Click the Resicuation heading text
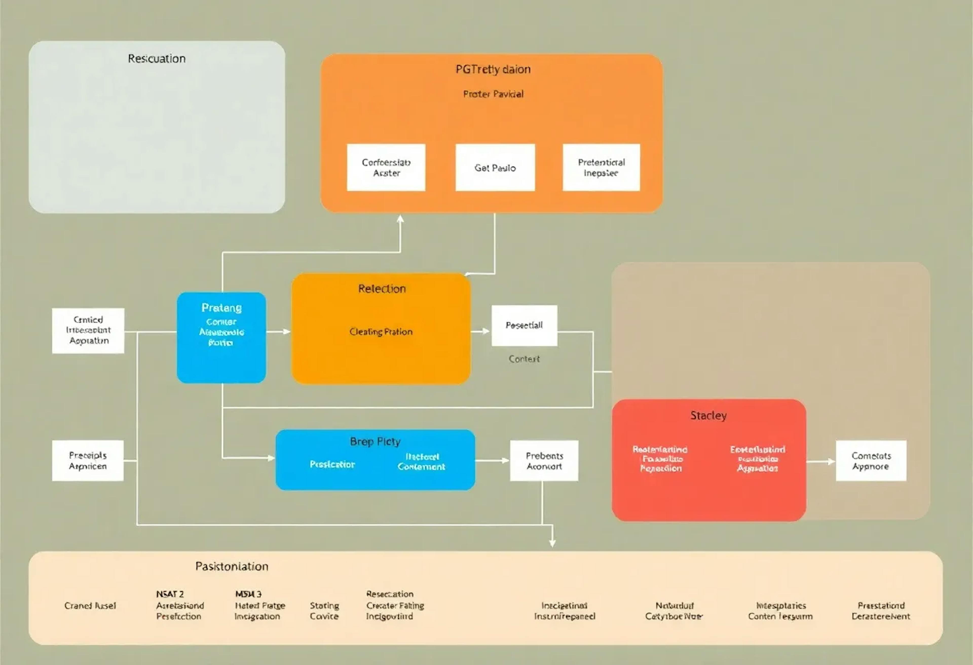(x=157, y=58)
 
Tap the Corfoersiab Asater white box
(x=386, y=167)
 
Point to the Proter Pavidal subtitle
(x=493, y=94)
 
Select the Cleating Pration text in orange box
(x=381, y=332)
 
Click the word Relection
(x=382, y=289)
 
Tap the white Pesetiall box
(x=524, y=325)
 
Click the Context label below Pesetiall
(x=524, y=359)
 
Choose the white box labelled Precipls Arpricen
(x=88, y=460)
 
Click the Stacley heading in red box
(x=708, y=415)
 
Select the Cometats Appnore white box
(x=871, y=460)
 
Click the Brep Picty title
(x=375, y=442)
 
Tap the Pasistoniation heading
(x=232, y=566)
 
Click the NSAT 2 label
(x=170, y=594)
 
